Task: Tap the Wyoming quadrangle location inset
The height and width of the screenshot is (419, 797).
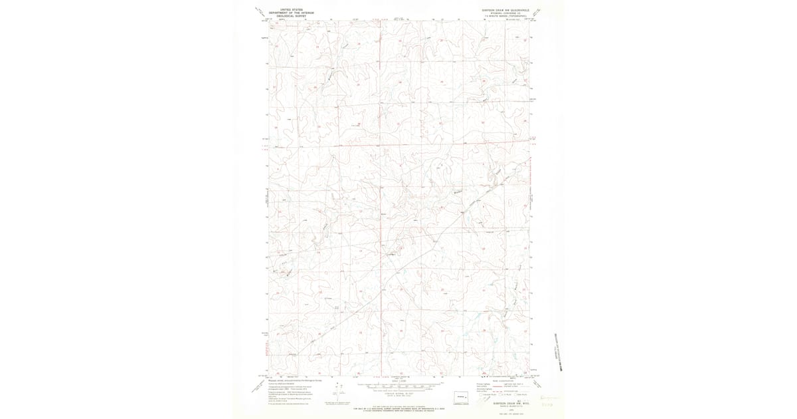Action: pos(462,397)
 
